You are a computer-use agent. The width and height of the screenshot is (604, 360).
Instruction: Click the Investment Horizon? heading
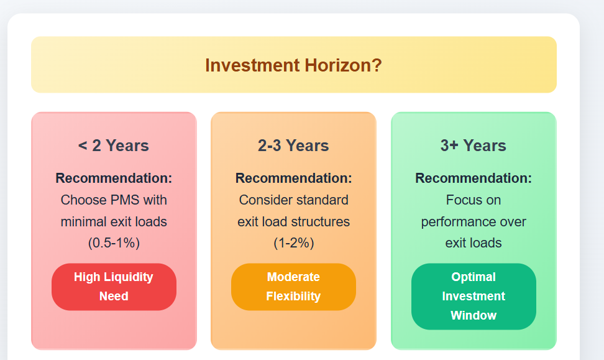click(293, 65)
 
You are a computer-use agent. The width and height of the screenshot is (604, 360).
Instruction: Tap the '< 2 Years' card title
click(114, 146)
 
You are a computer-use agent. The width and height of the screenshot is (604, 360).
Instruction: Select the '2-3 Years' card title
click(293, 146)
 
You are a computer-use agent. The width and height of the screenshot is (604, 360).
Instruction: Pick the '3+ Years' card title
click(473, 146)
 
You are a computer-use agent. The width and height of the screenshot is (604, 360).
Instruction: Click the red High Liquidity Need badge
click(114, 287)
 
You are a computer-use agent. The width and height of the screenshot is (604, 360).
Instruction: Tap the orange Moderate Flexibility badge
click(293, 287)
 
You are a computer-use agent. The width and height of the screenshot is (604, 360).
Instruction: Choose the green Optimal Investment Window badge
click(473, 296)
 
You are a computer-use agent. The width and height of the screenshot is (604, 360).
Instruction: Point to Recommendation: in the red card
click(114, 178)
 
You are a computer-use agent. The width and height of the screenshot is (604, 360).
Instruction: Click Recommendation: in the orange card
click(293, 178)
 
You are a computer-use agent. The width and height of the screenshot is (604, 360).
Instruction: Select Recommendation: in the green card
click(473, 178)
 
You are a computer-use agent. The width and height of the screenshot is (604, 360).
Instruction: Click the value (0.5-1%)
click(114, 243)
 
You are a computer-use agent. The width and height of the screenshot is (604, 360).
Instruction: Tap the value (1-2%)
click(293, 243)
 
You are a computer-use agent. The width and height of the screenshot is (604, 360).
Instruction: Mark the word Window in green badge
click(473, 315)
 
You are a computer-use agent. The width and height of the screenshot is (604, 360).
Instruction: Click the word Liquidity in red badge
click(127, 277)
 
